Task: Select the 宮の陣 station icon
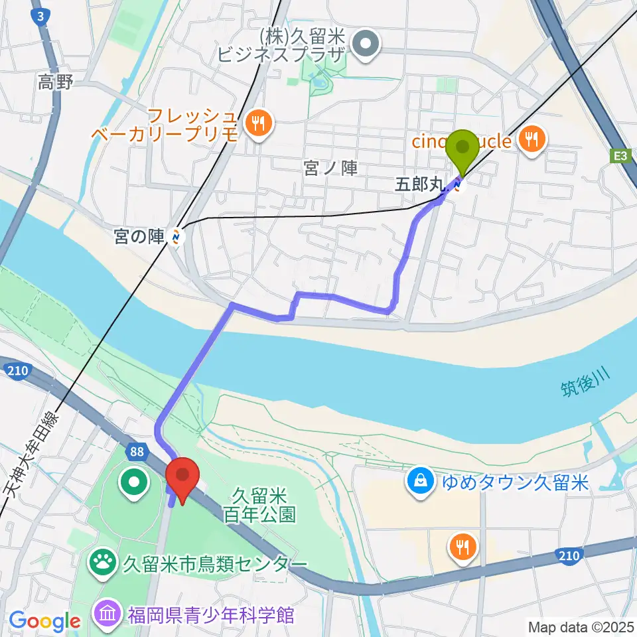176,236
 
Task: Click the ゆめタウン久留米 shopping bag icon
420,480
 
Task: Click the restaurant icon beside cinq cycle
533,140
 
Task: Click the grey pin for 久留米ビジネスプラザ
364,45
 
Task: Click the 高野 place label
55,82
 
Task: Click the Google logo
44,621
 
